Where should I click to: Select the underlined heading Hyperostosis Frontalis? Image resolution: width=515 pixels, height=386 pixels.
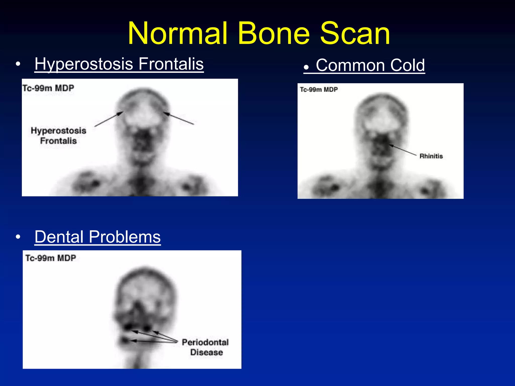119,64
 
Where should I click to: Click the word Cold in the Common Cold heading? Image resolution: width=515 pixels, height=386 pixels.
407,65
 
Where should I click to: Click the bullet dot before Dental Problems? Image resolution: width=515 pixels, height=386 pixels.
18,237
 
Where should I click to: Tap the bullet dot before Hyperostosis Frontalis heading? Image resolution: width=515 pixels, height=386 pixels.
18,64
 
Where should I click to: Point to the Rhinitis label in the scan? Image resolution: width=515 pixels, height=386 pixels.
431,156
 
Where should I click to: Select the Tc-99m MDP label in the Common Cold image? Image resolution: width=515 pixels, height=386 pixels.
319,90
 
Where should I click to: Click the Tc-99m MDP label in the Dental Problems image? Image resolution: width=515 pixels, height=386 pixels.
51,258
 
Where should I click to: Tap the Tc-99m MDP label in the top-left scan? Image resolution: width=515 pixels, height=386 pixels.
48,88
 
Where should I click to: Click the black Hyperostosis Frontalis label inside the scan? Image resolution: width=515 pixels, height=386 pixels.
58,136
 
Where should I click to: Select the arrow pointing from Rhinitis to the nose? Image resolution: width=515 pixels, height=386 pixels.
402,150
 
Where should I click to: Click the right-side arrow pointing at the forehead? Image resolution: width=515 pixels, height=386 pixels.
179,119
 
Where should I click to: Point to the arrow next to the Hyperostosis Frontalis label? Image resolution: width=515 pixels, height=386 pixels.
109,119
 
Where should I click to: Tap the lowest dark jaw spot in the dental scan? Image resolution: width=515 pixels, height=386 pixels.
125,341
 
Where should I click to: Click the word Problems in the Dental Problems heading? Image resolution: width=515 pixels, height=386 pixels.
125,237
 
